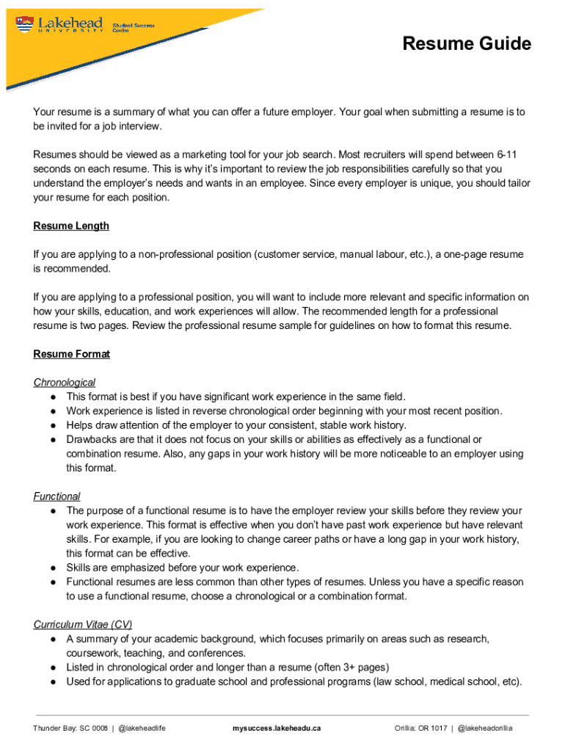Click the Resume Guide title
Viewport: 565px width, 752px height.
click(467, 44)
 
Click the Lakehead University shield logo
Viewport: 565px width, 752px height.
click(23, 26)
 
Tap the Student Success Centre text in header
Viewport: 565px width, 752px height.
click(134, 28)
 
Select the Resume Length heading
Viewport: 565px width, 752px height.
click(71, 226)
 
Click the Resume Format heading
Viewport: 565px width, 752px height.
click(71, 354)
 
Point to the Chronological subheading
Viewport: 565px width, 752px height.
click(65, 383)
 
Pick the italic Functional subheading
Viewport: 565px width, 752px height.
click(56, 496)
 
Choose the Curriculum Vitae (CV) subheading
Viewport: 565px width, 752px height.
click(83, 625)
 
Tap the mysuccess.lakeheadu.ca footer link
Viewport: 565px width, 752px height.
click(277, 728)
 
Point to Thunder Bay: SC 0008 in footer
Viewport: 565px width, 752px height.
click(70, 728)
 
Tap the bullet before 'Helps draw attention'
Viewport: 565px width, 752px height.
click(54, 425)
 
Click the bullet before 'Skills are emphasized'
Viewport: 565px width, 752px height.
click(54, 568)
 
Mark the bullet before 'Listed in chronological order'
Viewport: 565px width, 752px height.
click(54, 668)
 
